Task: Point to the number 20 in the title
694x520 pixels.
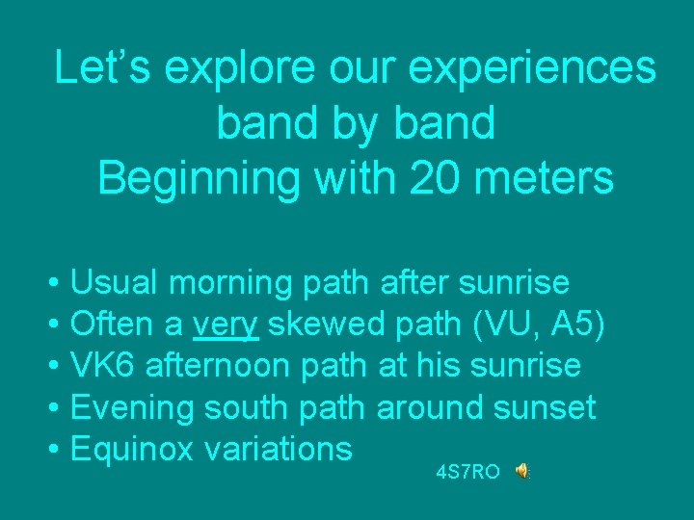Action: [x=429, y=177]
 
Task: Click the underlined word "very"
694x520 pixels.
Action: [x=226, y=326]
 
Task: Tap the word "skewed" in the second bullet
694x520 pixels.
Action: [x=328, y=325]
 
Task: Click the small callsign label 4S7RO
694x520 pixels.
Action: [x=467, y=473]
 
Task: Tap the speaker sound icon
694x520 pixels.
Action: [x=520, y=471]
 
